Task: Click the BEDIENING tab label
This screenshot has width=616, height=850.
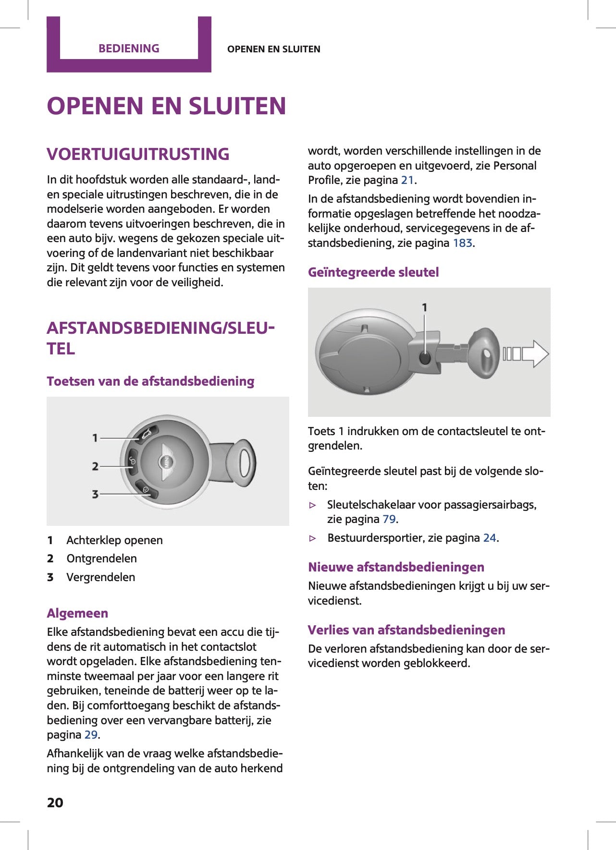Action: pos(129,49)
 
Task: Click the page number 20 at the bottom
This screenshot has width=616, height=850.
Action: pos(55,803)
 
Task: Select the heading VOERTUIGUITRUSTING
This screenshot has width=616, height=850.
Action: pos(138,154)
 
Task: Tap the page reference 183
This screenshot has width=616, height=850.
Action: pos(462,243)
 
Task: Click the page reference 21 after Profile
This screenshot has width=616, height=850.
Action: pos(407,180)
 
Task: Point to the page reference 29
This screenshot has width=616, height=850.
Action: pos(91,735)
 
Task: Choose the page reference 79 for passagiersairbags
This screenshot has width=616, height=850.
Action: pos(389,519)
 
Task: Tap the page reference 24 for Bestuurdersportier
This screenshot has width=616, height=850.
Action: pos(489,538)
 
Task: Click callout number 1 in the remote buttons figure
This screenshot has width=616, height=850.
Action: pos(95,438)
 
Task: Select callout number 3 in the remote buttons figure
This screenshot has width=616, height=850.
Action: pos(95,494)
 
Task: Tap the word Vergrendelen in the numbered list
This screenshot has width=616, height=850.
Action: pos(100,577)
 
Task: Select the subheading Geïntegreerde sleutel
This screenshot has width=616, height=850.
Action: pos(373,272)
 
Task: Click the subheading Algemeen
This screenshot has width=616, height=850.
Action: pos(77,613)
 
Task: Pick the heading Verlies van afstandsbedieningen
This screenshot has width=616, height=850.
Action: pos(406,630)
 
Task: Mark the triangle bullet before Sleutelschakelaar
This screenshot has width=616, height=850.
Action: pos(313,505)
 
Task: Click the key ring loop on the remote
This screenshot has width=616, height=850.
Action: pos(244,463)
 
